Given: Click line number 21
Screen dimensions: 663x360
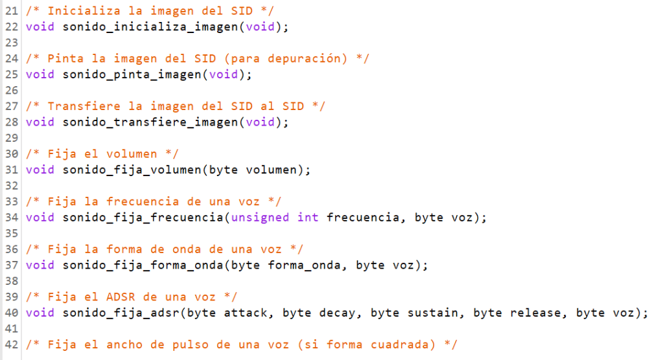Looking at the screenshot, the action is (12, 11).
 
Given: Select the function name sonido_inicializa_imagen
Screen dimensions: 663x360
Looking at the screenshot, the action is (150, 27).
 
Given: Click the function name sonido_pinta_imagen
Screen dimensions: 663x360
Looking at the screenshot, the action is (132, 75).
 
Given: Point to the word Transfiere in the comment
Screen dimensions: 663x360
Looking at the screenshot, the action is (84, 106).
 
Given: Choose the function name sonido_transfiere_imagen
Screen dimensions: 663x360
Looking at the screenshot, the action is (150, 123).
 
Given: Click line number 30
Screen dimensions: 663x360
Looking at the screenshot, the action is (12, 154).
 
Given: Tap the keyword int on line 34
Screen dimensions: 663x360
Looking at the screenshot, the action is (308, 218).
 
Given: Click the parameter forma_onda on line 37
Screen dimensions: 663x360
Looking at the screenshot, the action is (305, 265).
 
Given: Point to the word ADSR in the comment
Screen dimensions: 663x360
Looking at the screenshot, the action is (121, 297).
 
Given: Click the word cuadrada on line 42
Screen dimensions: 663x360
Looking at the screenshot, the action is (400, 345).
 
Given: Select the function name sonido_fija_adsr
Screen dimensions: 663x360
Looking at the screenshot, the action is (121, 313).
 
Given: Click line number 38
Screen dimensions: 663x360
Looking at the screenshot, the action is (12, 281).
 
